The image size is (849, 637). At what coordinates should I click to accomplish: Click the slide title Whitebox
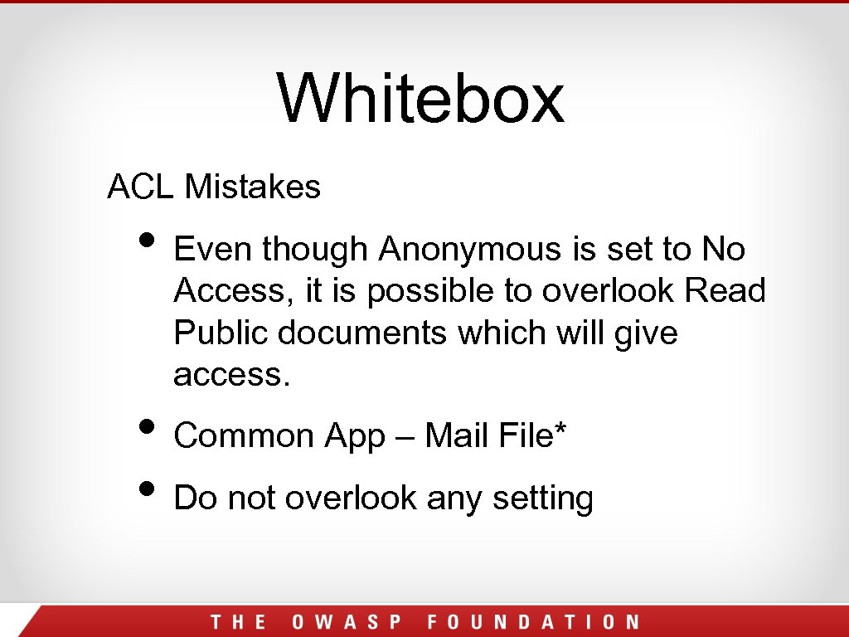tap(421, 98)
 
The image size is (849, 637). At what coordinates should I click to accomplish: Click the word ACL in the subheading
tap(139, 187)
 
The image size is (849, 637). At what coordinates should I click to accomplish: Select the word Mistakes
tap(252, 187)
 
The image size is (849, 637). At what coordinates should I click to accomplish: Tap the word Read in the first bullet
tap(725, 291)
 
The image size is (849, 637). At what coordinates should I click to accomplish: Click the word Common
tap(244, 436)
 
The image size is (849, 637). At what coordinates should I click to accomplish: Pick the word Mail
tap(454, 436)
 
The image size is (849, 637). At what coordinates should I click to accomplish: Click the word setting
tap(542, 499)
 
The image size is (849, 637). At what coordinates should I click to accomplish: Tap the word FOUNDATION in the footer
tap(533, 622)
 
